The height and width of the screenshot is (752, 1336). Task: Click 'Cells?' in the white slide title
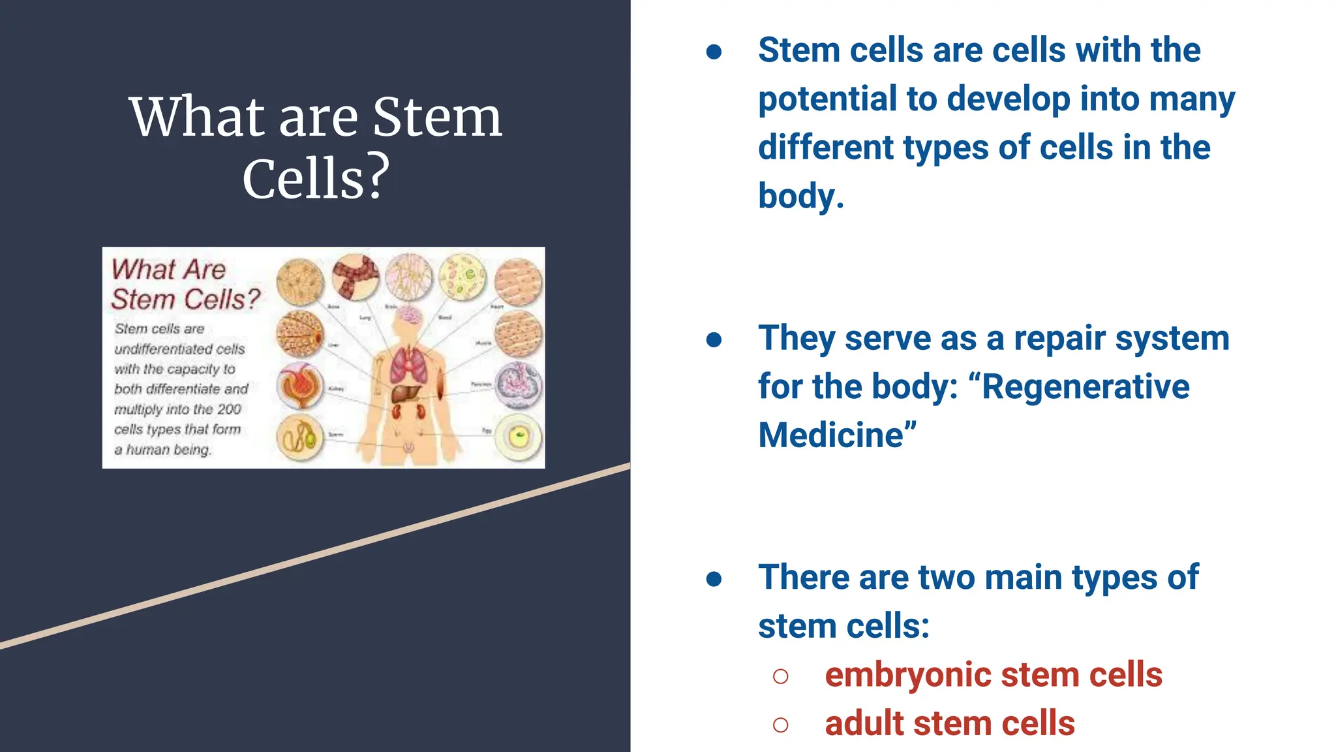316,178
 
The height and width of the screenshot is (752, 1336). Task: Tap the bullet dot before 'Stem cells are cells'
714,52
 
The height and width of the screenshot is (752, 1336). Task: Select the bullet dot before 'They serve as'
714,339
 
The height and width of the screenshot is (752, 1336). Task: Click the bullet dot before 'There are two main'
714,579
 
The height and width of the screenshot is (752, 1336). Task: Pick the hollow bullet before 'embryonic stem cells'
780,676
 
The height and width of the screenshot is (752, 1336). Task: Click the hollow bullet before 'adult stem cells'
780,725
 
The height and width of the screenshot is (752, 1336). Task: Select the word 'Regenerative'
1085,386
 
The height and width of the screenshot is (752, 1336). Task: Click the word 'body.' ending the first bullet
800,196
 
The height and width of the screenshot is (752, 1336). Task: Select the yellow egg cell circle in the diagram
519,438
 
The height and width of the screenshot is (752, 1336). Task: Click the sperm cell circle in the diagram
300,438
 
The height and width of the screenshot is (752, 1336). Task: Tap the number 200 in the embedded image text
229,409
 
